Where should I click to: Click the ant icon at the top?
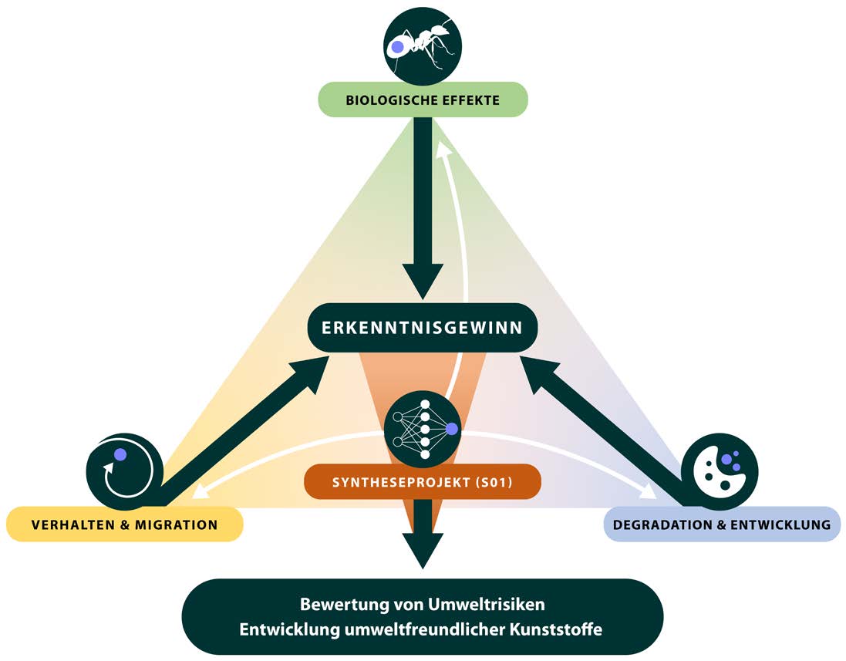(423, 47)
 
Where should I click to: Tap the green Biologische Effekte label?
(423, 100)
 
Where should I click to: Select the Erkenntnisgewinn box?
(423, 328)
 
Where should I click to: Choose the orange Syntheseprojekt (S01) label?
(423, 483)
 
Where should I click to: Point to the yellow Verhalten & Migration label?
(125, 525)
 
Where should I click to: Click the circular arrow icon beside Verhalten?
(124, 470)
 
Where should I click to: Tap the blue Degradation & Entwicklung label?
(721, 525)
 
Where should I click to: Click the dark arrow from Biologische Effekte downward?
(423, 208)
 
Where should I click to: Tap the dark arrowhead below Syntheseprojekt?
(423, 549)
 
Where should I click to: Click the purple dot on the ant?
(397, 47)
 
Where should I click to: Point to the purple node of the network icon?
(452, 428)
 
